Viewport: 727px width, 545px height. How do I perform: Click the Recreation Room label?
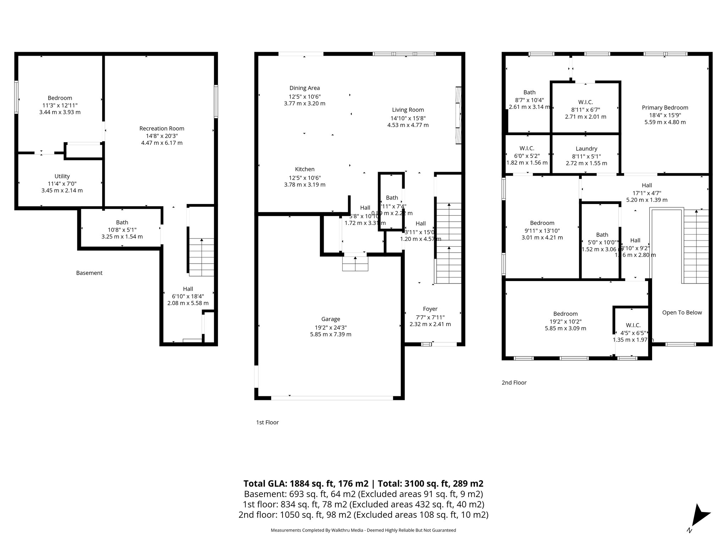click(162, 128)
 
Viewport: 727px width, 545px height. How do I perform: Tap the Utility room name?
click(62, 176)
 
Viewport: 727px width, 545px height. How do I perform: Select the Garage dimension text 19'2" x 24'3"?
click(330, 327)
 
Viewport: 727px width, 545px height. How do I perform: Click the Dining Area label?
click(304, 88)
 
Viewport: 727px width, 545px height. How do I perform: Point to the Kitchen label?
click(305, 169)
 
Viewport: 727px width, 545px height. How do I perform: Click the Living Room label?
click(408, 110)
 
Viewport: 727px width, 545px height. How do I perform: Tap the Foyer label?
click(430, 309)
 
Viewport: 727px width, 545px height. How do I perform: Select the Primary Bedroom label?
click(665, 108)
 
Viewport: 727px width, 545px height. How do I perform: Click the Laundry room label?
click(586, 149)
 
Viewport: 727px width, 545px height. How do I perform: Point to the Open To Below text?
click(682, 312)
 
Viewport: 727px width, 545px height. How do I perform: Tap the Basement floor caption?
click(89, 273)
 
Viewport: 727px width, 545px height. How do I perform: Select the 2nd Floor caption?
click(514, 382)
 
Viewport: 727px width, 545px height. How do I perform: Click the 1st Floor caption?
click(267, 422)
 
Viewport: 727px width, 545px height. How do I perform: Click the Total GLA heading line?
click(363, 483)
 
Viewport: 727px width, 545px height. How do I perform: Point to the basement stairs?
click(201, 257)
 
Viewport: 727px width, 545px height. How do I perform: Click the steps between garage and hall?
click(355, 264)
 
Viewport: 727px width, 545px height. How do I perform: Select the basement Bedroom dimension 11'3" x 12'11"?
click(60, 105)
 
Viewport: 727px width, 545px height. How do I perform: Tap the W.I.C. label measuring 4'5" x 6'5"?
click(633, 325)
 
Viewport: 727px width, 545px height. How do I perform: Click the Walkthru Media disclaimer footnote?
click(363, 530)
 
